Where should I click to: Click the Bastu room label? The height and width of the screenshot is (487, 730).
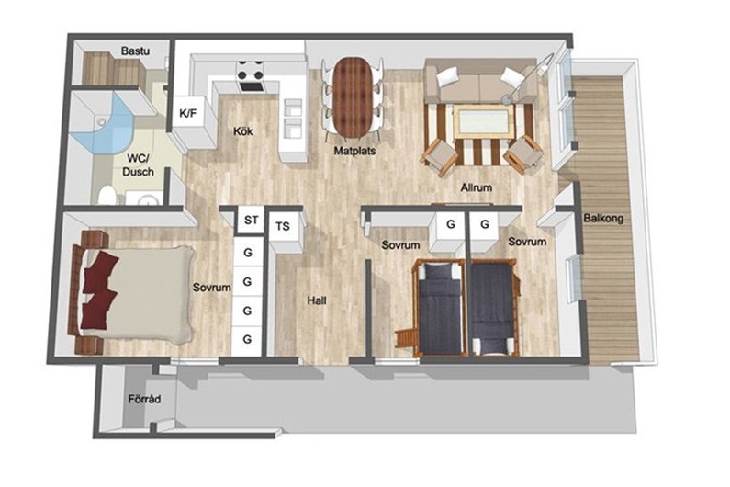pyautogui.click(x=135, y=51)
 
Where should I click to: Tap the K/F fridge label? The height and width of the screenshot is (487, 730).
pyautogui.click(x=188, y=113)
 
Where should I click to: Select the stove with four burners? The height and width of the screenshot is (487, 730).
pyautogui.click(x=251, y=76)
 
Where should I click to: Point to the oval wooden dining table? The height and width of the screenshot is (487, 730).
pyautogui.click(x=353, y=96)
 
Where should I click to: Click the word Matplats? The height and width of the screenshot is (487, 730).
pyautogui.click(x=354, y=151)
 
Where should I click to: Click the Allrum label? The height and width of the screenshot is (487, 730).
pyautogui.click(x=477, y=187)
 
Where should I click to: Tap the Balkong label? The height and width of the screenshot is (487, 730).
pyautogui.click(x=603, y=218)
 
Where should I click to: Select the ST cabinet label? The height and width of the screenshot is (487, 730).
pyautogui.click(x=251, y=220)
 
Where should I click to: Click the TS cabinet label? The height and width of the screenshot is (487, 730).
pyautogui.click(x=283, y=226)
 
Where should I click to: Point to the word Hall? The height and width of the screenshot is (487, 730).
pyautogui.click(x=317, y=300)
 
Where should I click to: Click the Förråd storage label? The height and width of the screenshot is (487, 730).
pyautogui.click(x=145, y=399)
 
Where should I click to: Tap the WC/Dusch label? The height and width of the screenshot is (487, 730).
pyautogui.click(x=138, y=165)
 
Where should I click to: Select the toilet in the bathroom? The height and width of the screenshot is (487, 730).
pyautogui.click(x=107, y=196)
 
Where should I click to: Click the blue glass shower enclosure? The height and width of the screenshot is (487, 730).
pyautogui.click(x=104, y=126)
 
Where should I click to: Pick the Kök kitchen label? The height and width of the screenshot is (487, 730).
pyautogui.click(x=243, y=131)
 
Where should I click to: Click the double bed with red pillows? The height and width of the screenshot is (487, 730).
pyautogui.click(x=131, y=293)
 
